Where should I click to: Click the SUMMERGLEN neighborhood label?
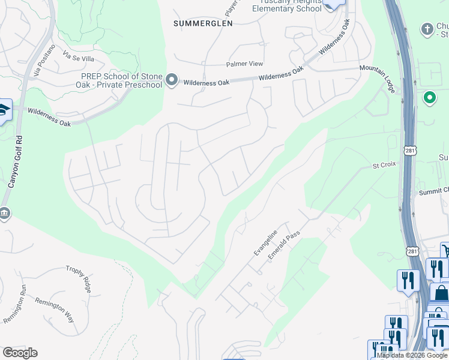tap(202, 23)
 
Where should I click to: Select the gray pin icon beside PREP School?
tap(172, 80)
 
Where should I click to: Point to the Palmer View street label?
tap(244, 64)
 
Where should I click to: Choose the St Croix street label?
tap(384, 164)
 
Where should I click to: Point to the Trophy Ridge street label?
tap(79, 279)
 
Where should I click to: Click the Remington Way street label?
tap(54, 310)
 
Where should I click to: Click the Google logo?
tap(20, 353)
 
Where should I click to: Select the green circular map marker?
tap(429, 97)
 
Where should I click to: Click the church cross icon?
tap(427, 28)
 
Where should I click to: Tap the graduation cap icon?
tap(4, 110)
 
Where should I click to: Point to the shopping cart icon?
tap(445, 250)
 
